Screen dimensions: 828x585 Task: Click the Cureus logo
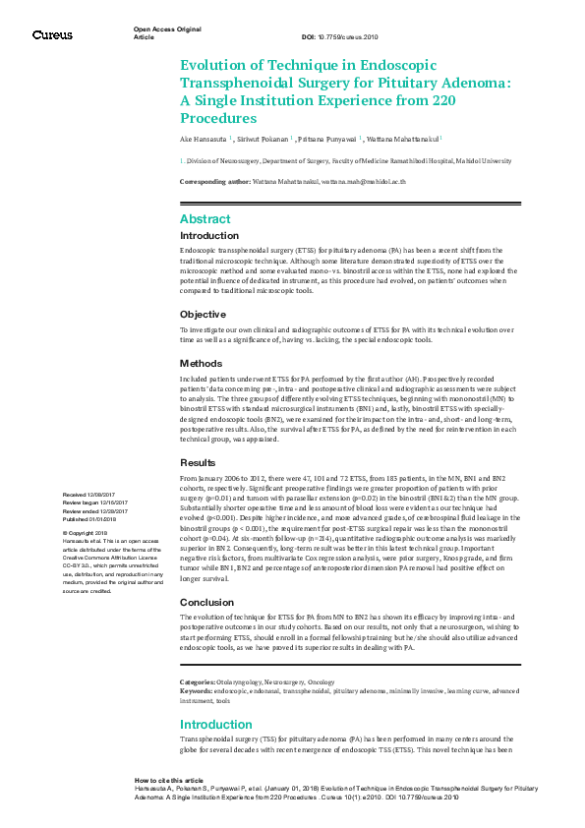(52, 35)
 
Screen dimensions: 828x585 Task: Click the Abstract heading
(205, 219)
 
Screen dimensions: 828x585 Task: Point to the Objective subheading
(203, 314)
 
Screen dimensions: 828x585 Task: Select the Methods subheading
(202, 363)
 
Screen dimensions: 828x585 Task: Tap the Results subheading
(200, 462)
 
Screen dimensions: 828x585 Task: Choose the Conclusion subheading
(207, 602)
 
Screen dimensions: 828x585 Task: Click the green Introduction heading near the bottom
(216, 725)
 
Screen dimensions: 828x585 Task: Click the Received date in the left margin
(88, 494)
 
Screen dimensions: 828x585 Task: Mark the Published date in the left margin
(89, 518)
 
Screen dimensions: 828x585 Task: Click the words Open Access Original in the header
(161, 30)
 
